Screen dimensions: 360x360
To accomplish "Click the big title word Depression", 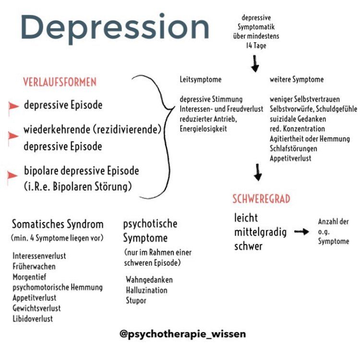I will (x=115, y=28).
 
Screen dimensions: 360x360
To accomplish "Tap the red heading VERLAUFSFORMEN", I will (x=60, y=82).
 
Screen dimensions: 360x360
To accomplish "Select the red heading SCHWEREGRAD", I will (x=261, y=199).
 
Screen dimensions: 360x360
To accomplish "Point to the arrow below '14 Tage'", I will (x=255, y=63).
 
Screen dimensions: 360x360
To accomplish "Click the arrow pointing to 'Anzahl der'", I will (x=301, y=232).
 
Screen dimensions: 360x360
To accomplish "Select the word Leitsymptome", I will (x=201, y=79).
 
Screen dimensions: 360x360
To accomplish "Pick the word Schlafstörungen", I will (x=293, y=148).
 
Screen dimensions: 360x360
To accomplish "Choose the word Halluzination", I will (x=146, y=290).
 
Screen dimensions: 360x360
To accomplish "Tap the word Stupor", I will (x=136, y=301).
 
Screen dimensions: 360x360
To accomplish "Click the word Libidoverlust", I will (x=33, y=319).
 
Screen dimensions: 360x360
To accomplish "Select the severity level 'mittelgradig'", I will (x=260, y=233).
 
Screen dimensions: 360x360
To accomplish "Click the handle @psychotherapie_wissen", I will (x=183, y=333).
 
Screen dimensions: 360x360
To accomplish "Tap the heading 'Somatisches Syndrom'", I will (x=58, y=224).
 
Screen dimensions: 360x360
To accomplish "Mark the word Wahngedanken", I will (x=149, y=280).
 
